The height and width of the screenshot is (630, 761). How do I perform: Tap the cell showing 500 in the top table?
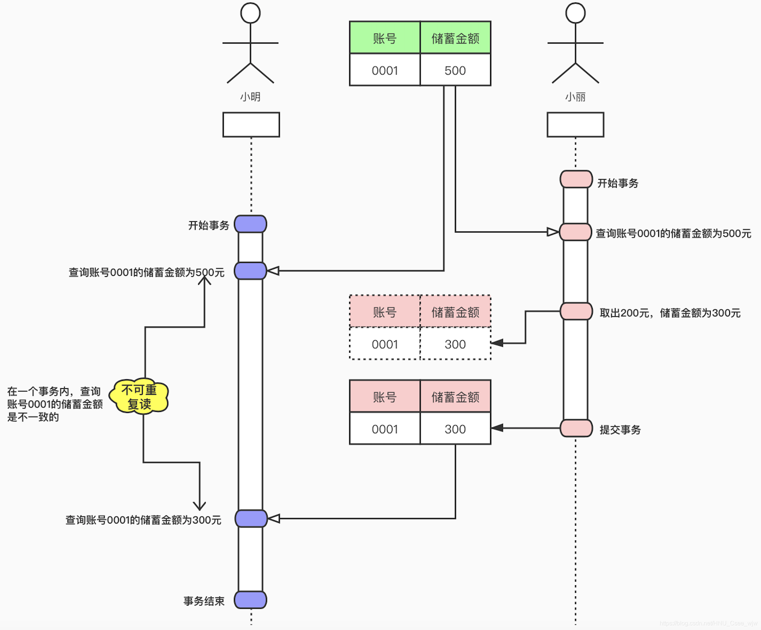(x=455, y=70)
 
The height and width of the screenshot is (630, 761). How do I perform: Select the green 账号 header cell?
(x=385, y=38)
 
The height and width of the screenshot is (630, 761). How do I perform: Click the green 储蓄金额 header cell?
(x=455, y=38)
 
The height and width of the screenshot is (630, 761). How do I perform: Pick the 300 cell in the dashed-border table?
(x=455, y=344)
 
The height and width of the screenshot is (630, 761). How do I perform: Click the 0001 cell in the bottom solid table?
(x=385, y=429)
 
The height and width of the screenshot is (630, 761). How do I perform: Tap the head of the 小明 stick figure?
(x=250, y=13)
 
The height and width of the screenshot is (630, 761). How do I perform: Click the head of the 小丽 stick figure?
(x=575, y=13)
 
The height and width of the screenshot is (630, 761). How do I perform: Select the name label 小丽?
(x=575, y=97)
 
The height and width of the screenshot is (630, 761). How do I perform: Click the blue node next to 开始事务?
(x=250, y=224)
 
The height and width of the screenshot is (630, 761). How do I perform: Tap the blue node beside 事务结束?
(x=250, y=600)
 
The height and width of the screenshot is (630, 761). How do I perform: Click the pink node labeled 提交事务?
(x=576, y=428)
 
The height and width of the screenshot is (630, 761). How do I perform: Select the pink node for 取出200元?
(x=576, y=311)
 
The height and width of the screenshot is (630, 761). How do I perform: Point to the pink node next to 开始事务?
(x=576, y=179)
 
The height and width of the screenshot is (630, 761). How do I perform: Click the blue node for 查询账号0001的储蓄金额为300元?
(x=251, y=518)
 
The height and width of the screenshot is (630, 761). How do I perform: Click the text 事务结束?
(x=204, y=601)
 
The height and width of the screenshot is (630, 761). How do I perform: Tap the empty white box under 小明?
(x=251, y=125)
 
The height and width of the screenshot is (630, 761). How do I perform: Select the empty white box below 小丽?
(x=575, y=125)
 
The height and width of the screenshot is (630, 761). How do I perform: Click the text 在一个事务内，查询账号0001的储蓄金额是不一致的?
(x=54, y=404)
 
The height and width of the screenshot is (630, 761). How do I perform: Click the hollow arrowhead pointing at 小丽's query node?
(x=552, y=232)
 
